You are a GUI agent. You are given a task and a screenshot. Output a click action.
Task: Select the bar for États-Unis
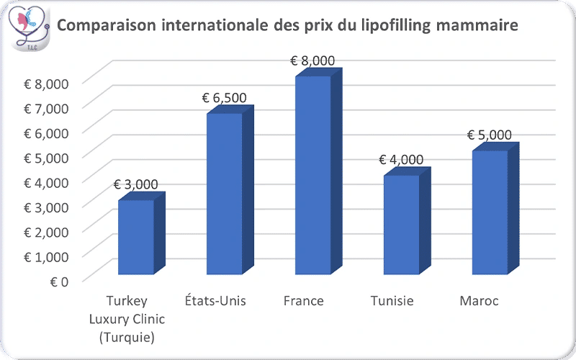tap(225, 194)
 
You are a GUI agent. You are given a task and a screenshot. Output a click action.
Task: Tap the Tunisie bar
tap(401, 225)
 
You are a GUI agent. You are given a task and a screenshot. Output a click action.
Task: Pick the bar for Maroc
tap(490, 212)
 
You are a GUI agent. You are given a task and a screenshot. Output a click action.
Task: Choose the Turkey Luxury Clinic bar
tap(136, 237)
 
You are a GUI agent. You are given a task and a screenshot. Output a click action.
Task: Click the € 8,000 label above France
tap(312, 60)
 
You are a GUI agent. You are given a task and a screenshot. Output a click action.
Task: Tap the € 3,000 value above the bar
tap(135, 184)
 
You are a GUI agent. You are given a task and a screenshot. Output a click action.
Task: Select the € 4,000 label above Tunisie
tap(401, 160)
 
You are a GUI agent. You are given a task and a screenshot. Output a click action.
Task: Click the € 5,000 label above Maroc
tap(489, 135)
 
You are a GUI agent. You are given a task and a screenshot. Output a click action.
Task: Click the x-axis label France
tap(304, 301)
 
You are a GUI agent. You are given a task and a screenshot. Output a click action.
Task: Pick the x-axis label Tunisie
tap(392, 301)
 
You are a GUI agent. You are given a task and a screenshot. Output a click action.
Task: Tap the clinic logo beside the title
tap(31, 27)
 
